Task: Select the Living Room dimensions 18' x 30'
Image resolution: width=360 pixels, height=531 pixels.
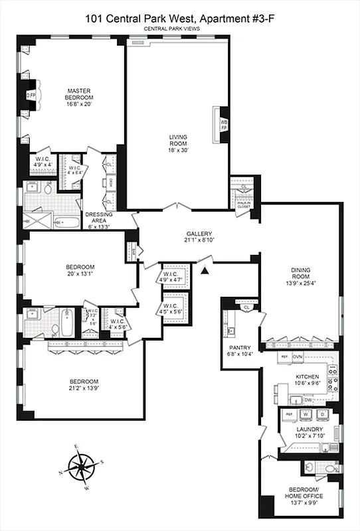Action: [177, 151]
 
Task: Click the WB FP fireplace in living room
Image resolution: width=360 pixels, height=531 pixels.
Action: [224, 123]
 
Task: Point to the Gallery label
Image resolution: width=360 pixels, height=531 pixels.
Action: [199, 234]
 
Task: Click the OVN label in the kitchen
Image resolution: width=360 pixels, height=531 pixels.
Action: [298, 356]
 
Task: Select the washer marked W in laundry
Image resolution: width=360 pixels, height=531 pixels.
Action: [307, 414]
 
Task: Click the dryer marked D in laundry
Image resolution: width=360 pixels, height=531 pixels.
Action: [323, 414]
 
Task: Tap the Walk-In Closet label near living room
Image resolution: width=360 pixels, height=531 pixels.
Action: [244, 204]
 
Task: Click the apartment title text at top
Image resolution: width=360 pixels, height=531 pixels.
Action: [180, 19]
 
